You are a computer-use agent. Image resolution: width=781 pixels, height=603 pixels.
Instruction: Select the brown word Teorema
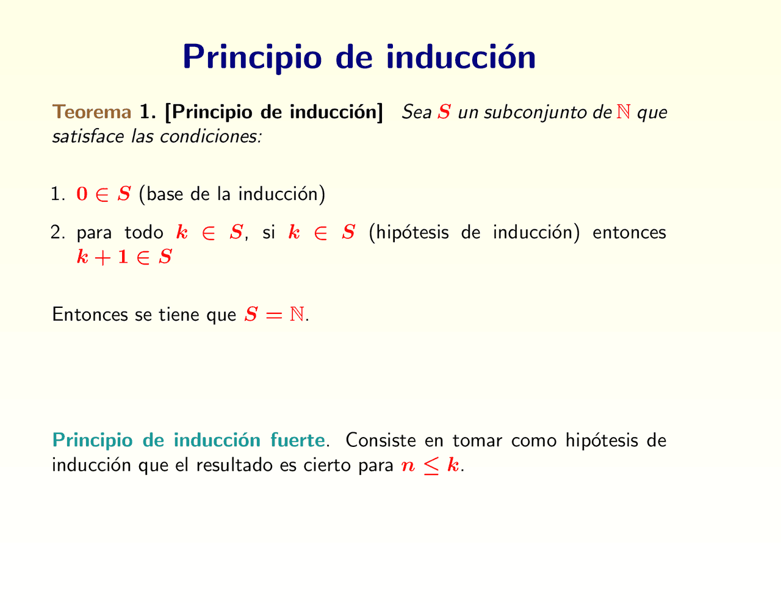point(92,112)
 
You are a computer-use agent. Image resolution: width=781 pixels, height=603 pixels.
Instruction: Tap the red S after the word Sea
point(444,112)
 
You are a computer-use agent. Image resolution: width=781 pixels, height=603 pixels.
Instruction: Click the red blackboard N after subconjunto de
point(624,112)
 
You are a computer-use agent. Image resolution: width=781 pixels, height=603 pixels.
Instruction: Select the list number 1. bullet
point(58,194)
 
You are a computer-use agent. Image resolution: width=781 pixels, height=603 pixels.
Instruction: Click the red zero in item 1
point(82,194)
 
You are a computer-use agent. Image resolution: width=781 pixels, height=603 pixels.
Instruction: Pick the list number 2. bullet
point(58,233)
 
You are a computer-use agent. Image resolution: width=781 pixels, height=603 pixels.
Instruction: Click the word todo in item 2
point(144,233)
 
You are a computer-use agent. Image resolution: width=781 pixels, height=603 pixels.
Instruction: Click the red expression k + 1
point(103,257)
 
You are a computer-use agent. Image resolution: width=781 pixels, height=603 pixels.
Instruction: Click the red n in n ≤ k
point(407,466)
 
